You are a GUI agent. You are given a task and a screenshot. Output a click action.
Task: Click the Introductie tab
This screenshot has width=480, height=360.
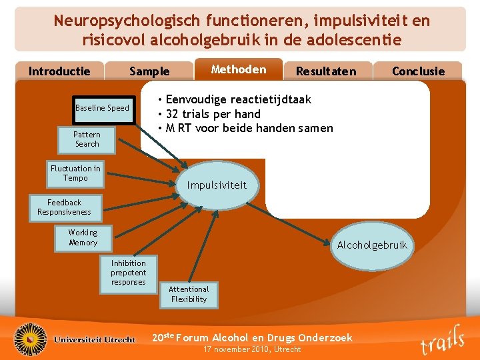pyautogui.click(x=59, y=71)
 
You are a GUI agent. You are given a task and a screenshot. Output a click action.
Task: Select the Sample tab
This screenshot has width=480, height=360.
pyautogui.click(x=149, y=71)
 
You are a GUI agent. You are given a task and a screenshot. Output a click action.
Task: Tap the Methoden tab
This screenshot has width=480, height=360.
pyautogui.click(x=238, y=69)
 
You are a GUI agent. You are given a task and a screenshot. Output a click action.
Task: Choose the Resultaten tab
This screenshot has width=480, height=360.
pyautogui.click(x=325, y=71)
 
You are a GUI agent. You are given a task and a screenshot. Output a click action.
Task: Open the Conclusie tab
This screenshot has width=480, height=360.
pyautogui.click(x=418, y=71)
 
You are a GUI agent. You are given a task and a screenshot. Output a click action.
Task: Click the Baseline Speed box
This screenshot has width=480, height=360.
pyautogui.click(x=102, y=108)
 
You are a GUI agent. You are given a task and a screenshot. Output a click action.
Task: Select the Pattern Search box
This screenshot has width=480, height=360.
pyautogui.click(x=87, y=139)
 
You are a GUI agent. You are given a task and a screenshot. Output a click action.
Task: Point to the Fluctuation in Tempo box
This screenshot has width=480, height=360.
pyautogui.click(x=75, y=173)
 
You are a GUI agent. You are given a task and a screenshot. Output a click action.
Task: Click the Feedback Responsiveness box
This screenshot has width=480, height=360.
pyautogui.click(x=64, y=207)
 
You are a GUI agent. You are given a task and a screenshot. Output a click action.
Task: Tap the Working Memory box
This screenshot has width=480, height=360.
pyautogui.click(x=83, y=237)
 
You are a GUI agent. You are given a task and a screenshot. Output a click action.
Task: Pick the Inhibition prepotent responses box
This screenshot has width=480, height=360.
pyautogui.click(x=128, y=273)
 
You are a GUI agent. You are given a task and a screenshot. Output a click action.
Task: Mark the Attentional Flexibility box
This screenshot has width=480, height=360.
pyautogui.click(x=189, y=294)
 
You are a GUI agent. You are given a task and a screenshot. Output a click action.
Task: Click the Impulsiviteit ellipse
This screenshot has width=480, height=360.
pyautogui.click(x=216, y=185)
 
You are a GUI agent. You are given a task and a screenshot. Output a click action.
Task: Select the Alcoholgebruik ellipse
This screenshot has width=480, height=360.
pyautogui.click(x=371, y=245)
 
